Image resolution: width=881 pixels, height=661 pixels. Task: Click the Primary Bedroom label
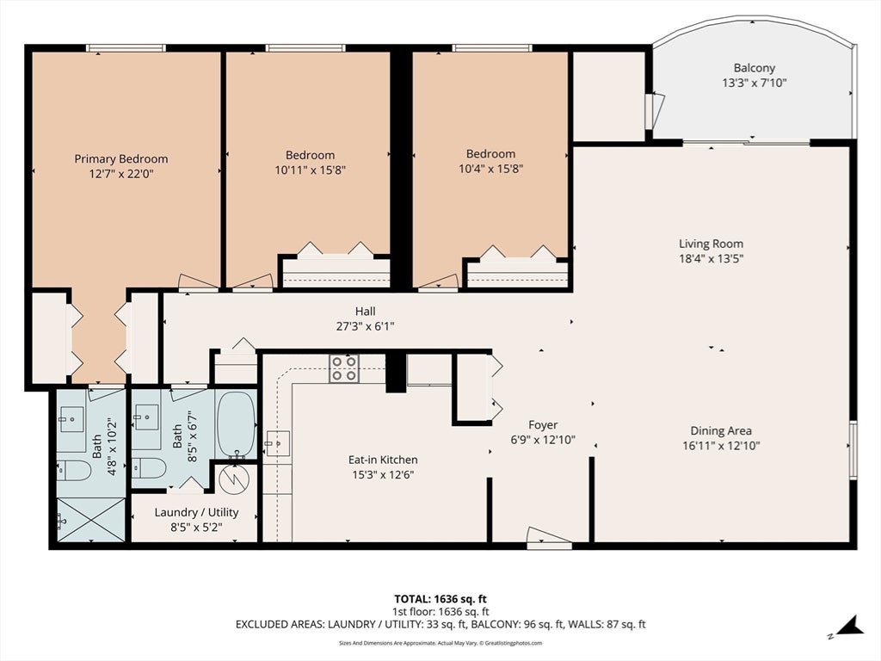[x=120, y=159]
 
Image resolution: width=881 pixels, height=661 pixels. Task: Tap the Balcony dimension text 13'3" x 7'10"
[x=754, y=83]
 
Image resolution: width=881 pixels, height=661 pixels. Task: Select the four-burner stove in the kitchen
[x=344, y=368]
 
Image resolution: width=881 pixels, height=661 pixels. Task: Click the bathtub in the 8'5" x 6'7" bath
[x=236, y=425]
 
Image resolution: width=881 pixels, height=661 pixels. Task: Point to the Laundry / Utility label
[x=197, y=513]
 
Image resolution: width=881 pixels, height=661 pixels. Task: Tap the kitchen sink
[x=277, y=443]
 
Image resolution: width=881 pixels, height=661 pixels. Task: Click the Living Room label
[x=711, y=244]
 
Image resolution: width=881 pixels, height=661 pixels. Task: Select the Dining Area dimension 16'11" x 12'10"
[x=721, y=446]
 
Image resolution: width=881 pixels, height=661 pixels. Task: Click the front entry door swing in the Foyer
[x=549, y=537]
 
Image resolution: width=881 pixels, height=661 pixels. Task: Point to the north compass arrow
[x=851, y=627]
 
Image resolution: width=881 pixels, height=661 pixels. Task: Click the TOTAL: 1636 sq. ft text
[x=440, y=599]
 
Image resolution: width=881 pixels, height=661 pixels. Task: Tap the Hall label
[x=365, y=312]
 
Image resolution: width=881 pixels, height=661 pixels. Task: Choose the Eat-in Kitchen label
[x=383, y=460]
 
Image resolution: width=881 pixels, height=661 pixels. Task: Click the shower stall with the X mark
[x=90, y=520]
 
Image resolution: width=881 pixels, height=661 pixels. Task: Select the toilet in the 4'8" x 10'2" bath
[x=74, y=471]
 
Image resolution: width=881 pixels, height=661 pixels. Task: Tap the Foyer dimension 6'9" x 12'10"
[x=543, y=440]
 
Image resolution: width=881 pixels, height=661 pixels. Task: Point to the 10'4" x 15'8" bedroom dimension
[x=490, y=169]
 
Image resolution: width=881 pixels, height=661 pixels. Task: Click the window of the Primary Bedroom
[x=126, y=48]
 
